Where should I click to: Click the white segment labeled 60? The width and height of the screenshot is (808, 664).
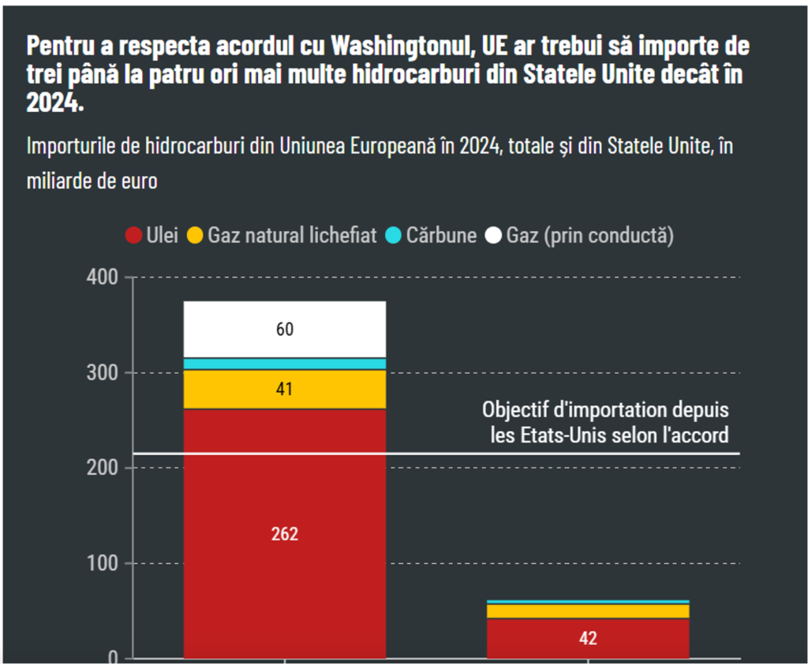[x=285, y=330]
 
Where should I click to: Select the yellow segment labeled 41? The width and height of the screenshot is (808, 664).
[x=285, y=388]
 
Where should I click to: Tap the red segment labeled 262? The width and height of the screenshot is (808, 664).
[x=285, y=533]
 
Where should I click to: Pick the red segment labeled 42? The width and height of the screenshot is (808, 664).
[x=588, y=638]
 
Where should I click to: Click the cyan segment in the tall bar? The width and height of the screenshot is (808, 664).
[x=285, y=364]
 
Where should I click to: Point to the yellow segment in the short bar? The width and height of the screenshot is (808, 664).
[x=588, y=611]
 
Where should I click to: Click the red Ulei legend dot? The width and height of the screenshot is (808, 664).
[x=133, y=235]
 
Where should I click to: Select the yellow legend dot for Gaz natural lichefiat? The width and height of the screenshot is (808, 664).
[x=195, y=235]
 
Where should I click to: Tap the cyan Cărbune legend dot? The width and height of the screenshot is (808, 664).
[x=393, y=235]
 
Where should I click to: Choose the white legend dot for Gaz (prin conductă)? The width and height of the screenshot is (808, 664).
[x=493, y=235]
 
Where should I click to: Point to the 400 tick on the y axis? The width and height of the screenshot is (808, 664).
[x=99, y=278]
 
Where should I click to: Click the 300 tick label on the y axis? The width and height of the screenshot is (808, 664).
[x=99, y=373]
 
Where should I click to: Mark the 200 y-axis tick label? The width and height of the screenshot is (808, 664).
[x=99, y=468]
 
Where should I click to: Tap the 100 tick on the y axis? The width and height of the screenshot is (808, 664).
[x=99, y=564]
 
